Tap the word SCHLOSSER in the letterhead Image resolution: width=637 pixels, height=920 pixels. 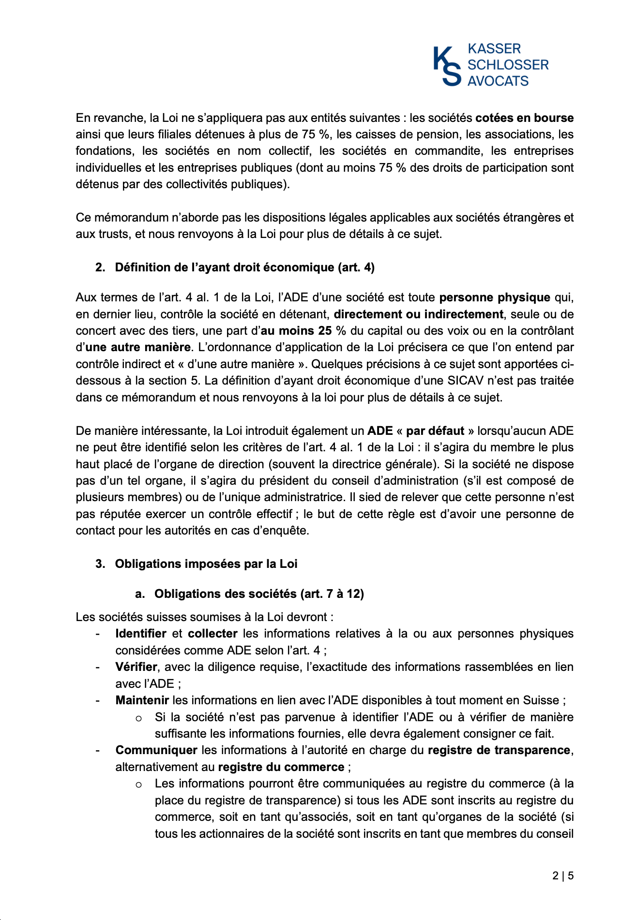(508, 65)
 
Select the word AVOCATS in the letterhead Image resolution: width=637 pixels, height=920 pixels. (498, 81)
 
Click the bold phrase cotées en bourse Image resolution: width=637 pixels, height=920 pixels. (524, 118)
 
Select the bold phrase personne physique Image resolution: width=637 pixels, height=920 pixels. (494, 297)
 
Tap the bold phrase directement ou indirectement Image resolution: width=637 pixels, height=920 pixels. (418, 314)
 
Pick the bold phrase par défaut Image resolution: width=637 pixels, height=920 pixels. (435, 431)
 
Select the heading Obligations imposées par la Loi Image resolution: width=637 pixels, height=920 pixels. (206, 564)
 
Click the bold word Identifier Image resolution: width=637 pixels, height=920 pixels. (140, 634)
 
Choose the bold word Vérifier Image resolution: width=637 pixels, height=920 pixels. (136, 667)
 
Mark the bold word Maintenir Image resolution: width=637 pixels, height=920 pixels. (142, 700)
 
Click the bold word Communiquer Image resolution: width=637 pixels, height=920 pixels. (156, 750)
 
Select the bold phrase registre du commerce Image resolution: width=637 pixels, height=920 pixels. (281, 767)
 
